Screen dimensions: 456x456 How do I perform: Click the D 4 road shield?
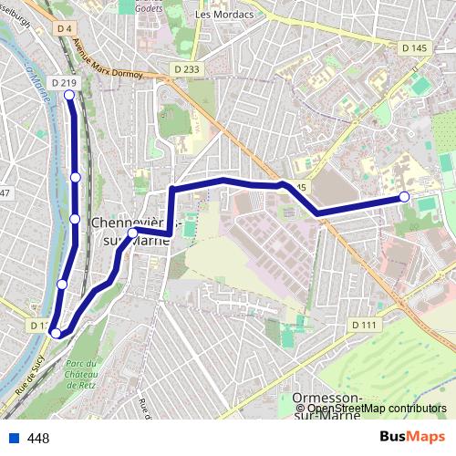(63, 29)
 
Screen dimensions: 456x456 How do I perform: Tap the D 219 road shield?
(64, 82)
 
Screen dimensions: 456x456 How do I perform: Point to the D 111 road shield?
(363, 325)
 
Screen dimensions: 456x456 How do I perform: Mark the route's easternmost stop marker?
(404, 197)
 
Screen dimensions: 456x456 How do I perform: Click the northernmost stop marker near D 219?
(69, 95)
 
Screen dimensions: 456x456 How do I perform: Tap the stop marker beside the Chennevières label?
(132, 233)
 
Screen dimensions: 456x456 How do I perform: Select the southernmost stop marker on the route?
(56, 333)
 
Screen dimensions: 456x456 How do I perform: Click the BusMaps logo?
(413, 437)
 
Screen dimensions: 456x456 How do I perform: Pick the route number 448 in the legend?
(38, 439)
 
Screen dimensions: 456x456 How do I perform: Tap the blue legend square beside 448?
(14, 438)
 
